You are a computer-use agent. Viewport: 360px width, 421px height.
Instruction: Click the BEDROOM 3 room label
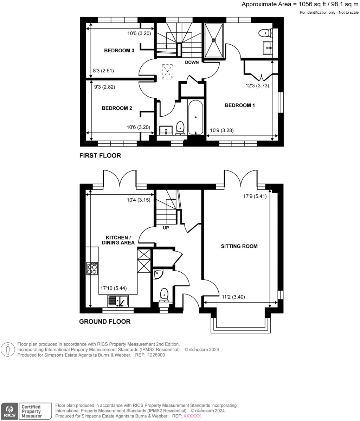[x=119, y=51]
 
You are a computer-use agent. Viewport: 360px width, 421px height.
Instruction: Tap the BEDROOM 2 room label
[x=117, y=108]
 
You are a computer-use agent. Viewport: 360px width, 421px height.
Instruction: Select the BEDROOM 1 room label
[x=239, y=105]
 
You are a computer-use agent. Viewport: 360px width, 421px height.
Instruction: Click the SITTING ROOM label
[x=239, y=246]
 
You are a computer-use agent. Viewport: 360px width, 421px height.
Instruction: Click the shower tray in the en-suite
[x=214, y=40]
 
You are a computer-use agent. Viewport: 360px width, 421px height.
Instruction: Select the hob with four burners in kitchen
[x=92, y=269]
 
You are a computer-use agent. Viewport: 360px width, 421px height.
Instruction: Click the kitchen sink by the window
[x=118, y=301]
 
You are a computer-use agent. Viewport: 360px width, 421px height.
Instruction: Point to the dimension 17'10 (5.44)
[x=114, y=288]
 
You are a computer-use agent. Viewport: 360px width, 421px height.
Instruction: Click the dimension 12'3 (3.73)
[x=257, y=85]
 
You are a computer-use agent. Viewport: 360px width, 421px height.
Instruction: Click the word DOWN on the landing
[x=192, y=63]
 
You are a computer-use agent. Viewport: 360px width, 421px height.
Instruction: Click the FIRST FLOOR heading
[x=100, y=155]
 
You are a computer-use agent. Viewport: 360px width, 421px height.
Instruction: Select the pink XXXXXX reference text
[x=192, y=416]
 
